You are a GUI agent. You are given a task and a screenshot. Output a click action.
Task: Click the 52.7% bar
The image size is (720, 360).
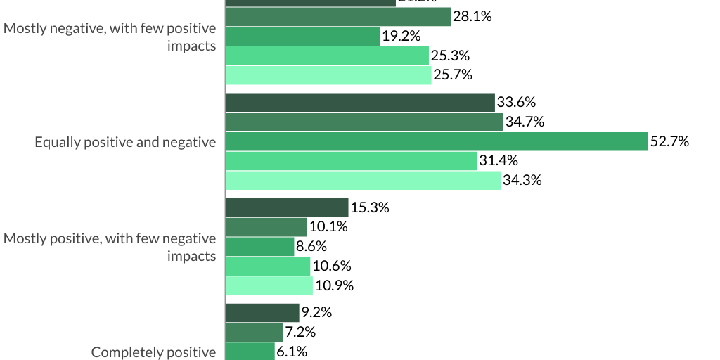[436, 141]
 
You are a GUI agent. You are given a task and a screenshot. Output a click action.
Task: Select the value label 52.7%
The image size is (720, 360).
[669, 141]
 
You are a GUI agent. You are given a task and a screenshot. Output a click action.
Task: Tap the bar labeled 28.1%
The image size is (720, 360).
[337, 17]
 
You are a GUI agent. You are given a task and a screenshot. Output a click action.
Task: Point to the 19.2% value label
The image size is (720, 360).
[401, 36]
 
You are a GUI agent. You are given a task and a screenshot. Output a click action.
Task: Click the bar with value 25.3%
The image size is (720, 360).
[327, 56]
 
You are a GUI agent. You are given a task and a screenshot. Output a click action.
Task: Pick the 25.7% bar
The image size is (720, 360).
[328, 75]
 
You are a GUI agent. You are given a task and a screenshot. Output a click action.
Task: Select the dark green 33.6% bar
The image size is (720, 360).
[360, 103]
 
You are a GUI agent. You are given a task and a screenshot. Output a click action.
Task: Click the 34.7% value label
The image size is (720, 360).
[525, 122]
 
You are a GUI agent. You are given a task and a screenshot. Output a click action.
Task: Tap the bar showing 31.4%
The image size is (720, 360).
[351, 161]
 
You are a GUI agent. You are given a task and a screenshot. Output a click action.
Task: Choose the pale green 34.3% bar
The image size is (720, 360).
[363, 181]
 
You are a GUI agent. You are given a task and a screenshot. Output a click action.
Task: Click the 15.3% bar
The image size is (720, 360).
[287, 207]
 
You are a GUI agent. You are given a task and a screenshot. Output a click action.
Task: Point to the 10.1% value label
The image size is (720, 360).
[328, 227]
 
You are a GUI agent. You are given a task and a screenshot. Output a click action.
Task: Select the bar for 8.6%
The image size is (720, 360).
[259, 247]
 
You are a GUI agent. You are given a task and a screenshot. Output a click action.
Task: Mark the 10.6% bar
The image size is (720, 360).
[268, 266]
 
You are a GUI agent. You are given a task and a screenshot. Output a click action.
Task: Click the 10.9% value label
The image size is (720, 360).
[334, 286]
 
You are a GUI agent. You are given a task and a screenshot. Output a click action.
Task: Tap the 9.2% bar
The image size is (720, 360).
[262, 313]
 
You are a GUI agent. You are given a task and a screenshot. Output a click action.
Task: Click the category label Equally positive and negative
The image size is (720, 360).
[125, 142]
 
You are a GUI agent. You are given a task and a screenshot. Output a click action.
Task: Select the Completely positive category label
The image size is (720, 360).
[154, 352]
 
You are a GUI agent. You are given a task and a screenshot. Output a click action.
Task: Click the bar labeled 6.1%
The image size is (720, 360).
[250, 352]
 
